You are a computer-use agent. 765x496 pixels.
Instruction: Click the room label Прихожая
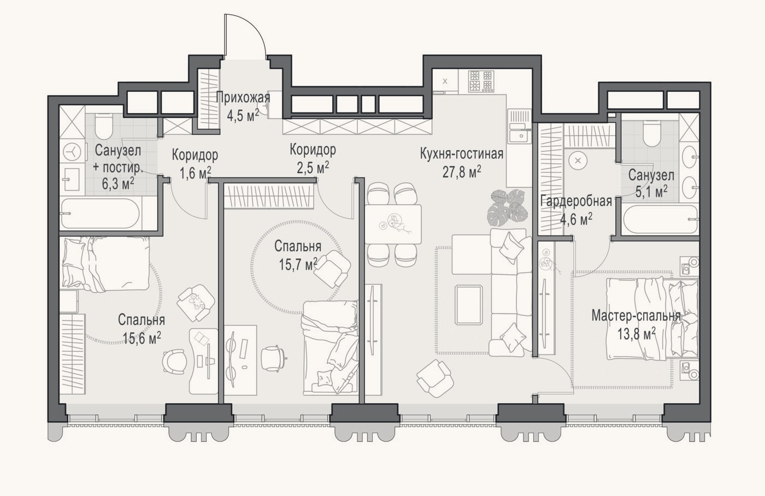point(243,98)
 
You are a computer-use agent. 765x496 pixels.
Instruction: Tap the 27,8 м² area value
point(462,172)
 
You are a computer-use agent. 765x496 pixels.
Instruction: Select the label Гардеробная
point(576,202)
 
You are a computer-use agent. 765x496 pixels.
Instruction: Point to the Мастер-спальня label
point(636,316)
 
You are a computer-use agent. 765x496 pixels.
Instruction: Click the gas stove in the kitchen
point(481,81)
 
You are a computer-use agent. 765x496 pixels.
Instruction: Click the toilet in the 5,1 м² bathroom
point(651,134)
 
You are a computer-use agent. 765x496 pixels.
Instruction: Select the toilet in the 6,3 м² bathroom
point(104,127)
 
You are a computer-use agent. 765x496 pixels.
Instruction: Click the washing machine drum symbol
point(72,152)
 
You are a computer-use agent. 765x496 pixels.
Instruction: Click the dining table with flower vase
point(393,224)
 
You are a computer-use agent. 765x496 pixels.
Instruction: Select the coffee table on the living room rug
point(469,305)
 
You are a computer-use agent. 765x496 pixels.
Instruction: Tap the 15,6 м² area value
point(142,339)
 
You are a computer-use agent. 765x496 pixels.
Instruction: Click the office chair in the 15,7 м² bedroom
point(273,358)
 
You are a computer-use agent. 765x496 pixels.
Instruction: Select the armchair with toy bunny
point(196,303)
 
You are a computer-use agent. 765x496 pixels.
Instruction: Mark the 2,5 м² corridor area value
point(313,168)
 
